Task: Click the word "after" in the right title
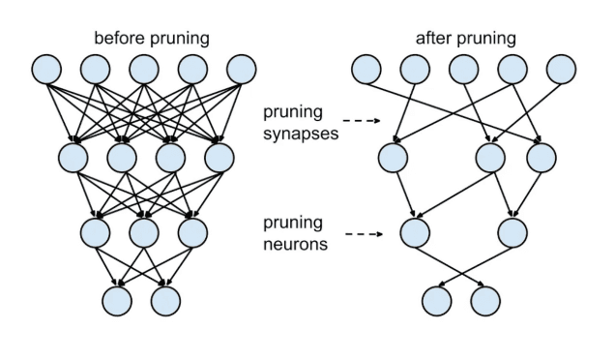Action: (434, 39)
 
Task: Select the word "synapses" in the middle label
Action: (300, 134)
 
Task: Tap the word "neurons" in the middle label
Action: (295, 244)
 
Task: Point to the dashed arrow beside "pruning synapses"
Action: (365, 121)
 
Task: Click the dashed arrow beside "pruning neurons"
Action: (365, 233)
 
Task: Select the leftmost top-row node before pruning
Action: (45, 69)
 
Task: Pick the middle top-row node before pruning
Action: (143, 69)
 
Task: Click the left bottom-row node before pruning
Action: (117, 300)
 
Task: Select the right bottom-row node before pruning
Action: (165, 300)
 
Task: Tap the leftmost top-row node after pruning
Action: (365, 69)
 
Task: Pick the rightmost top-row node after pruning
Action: (560, 69)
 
